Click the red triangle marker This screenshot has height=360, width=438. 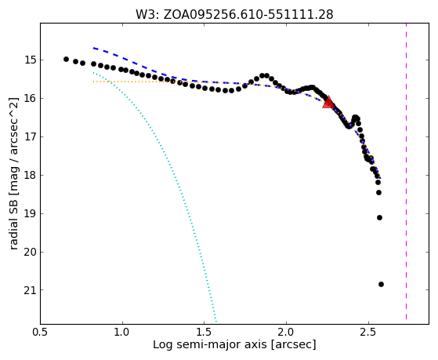point(328,103)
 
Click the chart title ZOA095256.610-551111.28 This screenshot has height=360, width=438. point(248,15)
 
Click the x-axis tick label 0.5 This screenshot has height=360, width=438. point(41,332)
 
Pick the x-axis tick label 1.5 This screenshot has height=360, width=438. point(205,332)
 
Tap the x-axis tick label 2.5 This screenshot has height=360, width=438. point(368,332)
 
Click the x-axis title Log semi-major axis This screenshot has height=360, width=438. point(210,345)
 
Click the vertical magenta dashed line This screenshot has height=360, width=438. point(406,171)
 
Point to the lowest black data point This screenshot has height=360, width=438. point(381,284)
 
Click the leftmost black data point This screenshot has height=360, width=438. point(66,59)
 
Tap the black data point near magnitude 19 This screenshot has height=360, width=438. point(379,217)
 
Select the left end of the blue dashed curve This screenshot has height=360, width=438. point(93,48)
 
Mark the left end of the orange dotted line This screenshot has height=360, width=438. point(93,82)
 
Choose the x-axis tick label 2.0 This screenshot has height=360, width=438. point(286,332)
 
